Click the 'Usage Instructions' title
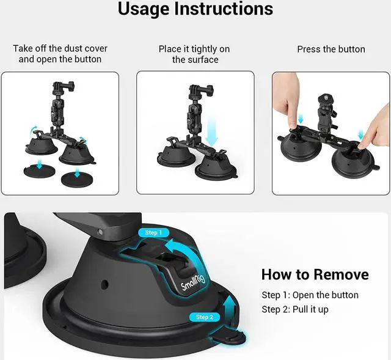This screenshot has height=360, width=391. tap(195, 9)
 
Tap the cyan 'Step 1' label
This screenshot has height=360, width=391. tap(153, 233)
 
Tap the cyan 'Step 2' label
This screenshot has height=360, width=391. tap(205, 317)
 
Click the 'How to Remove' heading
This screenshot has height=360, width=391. tap(315, 274)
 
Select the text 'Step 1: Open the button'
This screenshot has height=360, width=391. tap(310, 295)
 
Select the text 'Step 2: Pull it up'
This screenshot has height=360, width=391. tap(295, 309)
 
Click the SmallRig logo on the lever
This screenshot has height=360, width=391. tap(192, 282)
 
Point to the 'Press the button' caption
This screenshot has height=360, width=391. tap(331, 49)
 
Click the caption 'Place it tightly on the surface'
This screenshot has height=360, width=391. tap(194, 54)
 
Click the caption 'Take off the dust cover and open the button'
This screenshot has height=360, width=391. tap(60, 54)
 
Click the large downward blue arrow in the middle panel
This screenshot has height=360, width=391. tap(212, 132)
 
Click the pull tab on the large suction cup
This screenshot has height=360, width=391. tap(230, 337)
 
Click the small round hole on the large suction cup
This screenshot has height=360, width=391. tap(105, 284)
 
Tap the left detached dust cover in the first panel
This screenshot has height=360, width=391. tap(39, 171)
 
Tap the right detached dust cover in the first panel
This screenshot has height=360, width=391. tap(78, 179)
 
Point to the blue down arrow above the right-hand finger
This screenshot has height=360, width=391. tap(360, 134)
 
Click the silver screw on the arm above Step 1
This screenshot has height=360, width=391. tap(100, 232)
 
